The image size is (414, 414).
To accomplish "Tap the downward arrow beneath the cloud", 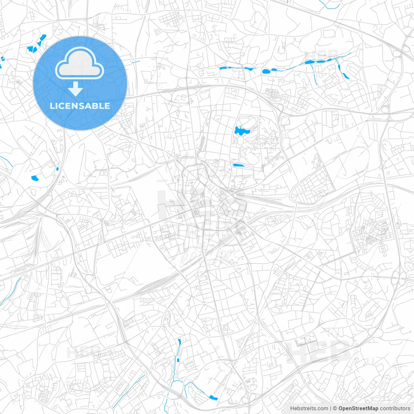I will click(76, 89).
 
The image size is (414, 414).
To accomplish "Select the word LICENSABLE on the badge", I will click(80, 106).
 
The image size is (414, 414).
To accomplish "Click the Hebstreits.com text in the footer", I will click(309, 409).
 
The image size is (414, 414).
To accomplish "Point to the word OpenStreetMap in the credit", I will click(358, 409).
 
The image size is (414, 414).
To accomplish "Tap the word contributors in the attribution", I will click(395, 409).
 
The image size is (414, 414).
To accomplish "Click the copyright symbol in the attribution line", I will click(335, 409).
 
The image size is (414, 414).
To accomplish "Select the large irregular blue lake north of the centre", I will click(241, 131).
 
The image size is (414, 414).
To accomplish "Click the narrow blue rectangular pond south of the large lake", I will click(239, 165).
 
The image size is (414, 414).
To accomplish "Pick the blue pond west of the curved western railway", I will click(35, 178).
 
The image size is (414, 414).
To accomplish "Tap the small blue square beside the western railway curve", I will click(57, 169).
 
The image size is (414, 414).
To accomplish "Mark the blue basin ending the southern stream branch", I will click(212, 397).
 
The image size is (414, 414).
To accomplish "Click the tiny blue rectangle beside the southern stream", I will click(178, 359).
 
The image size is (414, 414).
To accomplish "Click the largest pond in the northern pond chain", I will click(266, 71).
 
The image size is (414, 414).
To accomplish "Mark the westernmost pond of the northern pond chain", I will click(223, 68).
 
